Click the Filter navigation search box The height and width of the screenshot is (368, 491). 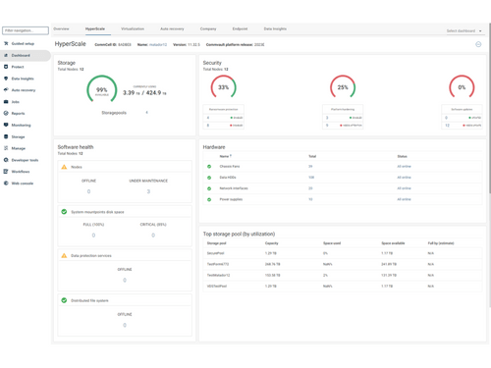[26, 30]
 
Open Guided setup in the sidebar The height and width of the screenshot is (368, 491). [23, 43]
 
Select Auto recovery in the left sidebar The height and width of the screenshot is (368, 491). [24, 90]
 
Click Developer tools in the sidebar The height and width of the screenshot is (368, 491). [25, 160]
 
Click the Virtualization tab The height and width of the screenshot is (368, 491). [132, 29]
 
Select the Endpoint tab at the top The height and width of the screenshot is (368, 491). [240, 29]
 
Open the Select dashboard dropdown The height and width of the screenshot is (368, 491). [464, 30]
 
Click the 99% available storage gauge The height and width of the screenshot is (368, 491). [102, 89]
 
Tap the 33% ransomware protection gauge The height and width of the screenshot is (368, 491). [224, 87]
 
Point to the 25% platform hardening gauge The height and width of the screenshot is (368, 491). [342, 87]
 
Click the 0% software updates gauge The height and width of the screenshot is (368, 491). [462, 87]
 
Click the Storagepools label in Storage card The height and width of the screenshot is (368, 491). [114, 113]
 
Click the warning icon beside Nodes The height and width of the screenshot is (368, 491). [65, 167]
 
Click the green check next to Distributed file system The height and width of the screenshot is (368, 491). [65, 301]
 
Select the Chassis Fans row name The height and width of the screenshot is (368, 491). [231, 167]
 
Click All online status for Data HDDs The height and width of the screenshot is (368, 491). [404, 178]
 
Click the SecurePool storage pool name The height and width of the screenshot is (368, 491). [217, 253]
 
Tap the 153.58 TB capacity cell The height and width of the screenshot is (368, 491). [273, 275]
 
